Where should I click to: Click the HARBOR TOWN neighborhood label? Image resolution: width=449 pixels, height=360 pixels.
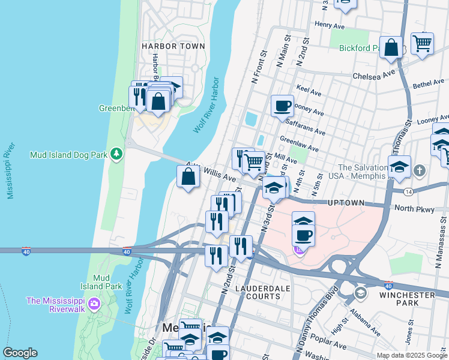pyautogui.click(x=173, y=46)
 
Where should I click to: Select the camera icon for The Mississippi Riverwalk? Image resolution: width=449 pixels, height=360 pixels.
pyautogui.click(x=94, y=304)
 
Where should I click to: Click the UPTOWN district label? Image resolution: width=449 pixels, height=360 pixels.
pyautogui.click(x=346, y=203)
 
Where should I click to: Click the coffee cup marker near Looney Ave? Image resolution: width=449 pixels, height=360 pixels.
pyautogui.click(x=282, y=107)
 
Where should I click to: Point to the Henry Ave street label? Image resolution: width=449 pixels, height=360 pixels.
pyautogui.click(x=329, y=26)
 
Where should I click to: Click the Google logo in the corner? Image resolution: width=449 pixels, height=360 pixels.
pyautogui.click(x=20, y=353)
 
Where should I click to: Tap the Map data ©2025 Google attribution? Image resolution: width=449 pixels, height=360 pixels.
pyautogui.click(x=412, y=355)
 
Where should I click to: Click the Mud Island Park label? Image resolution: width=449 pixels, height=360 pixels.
pyautogui.click(x=104, y=282)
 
